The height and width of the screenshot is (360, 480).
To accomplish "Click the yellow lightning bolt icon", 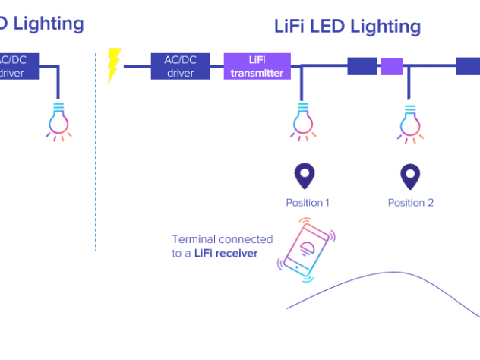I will [x=114, y=65].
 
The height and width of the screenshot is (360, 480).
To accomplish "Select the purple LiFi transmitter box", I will [x=257, y=66].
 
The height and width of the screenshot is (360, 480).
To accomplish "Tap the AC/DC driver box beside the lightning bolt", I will [x=181, y=66].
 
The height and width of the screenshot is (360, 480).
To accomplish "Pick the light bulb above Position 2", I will [x=410, y=122].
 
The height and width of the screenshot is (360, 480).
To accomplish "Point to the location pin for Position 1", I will [x=305, y=176].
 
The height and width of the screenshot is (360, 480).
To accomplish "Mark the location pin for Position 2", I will [x=410, y=176].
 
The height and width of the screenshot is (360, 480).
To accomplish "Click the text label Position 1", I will [x=307, y=203].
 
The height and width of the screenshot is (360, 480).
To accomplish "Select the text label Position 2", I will [x=410, y=203].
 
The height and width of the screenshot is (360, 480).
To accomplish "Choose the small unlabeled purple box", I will [x=391, y=66].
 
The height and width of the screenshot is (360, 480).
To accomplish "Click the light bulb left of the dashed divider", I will [x=59, y=121].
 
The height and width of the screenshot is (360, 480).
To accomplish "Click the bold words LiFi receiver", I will [x=226, y=253].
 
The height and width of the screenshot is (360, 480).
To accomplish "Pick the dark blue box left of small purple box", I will [x=362, y=66].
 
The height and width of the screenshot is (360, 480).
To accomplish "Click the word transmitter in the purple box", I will [x=257, y=73].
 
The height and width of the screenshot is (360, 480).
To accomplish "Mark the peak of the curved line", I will [x=393, y=272].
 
